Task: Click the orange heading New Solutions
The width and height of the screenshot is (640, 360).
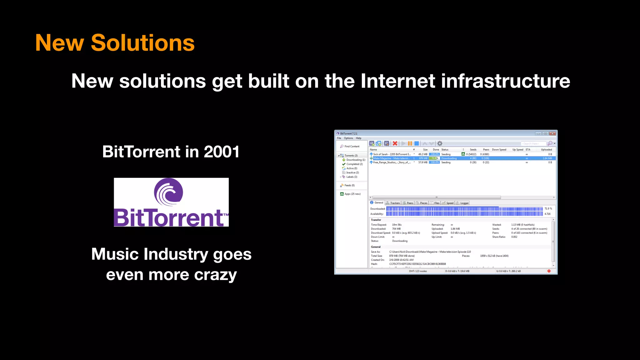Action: (x=115, y=43)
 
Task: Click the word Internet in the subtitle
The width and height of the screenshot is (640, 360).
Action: (x=397, y=81)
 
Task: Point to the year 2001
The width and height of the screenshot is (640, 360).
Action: (x=222, y=152)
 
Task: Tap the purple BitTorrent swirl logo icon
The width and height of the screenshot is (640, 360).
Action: (x=169, y=192)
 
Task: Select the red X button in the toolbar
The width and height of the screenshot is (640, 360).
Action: (x=395, y=143)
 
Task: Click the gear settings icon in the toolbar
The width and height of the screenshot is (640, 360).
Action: (x=440, y=143)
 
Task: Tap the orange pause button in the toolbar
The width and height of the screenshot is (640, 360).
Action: (x=410, y=143)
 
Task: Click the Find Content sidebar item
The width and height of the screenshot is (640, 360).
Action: (x=352, y=146)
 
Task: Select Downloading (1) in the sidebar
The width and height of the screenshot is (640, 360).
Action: (x=355, y=160)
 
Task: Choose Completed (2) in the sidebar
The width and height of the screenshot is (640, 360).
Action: (x=354, y=164)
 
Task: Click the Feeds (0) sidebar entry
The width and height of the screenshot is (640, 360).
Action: (x=349, y=185)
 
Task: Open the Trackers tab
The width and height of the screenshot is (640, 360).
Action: (x=395, y=203)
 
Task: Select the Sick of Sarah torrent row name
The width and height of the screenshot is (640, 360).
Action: (x=392, y=154)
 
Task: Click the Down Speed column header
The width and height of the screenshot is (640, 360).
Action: (x=499, y=150)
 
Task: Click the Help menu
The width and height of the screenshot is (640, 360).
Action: (x=358, y=138)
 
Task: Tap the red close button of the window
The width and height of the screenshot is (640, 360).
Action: (x=552, y=133)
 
